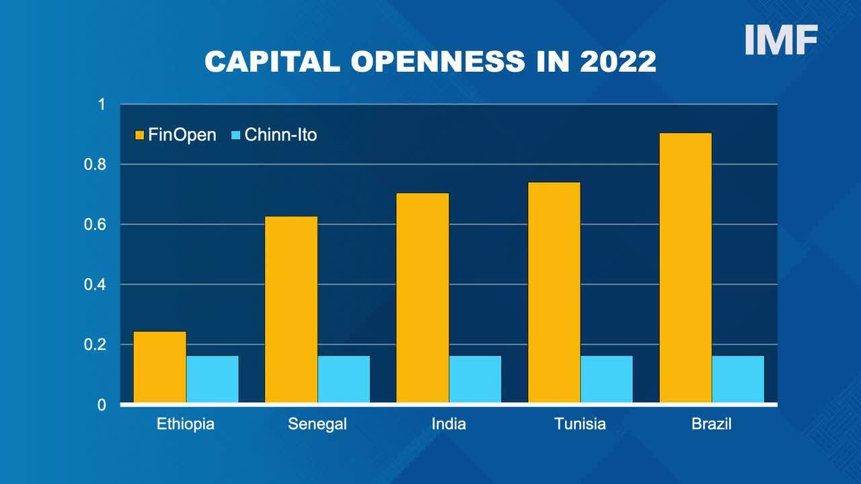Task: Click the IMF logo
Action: (781, 40)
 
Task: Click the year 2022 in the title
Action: (617, 61)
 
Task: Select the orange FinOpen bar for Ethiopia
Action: (160, 367)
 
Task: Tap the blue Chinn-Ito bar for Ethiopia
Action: (213, 379)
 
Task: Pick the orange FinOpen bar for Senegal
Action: (291, 309)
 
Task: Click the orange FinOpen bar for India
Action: (422, 298)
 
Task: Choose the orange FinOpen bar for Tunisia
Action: (554, 292)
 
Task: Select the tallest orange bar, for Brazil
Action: (685, 268)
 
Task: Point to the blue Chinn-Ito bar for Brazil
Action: (738, 379)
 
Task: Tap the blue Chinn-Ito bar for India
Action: (475, 379)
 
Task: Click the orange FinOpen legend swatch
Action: (139, 135)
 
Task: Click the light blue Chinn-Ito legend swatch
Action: (235, 135)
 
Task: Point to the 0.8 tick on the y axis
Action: (95, 165)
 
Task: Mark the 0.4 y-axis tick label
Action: (95, 284)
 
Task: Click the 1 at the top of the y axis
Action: (102, 104)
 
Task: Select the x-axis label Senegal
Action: (317, 424)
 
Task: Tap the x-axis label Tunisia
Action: (580, 424)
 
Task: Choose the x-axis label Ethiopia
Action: (186, 424)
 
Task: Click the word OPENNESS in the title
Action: (438, 61)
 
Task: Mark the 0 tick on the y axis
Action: (102, 405)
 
